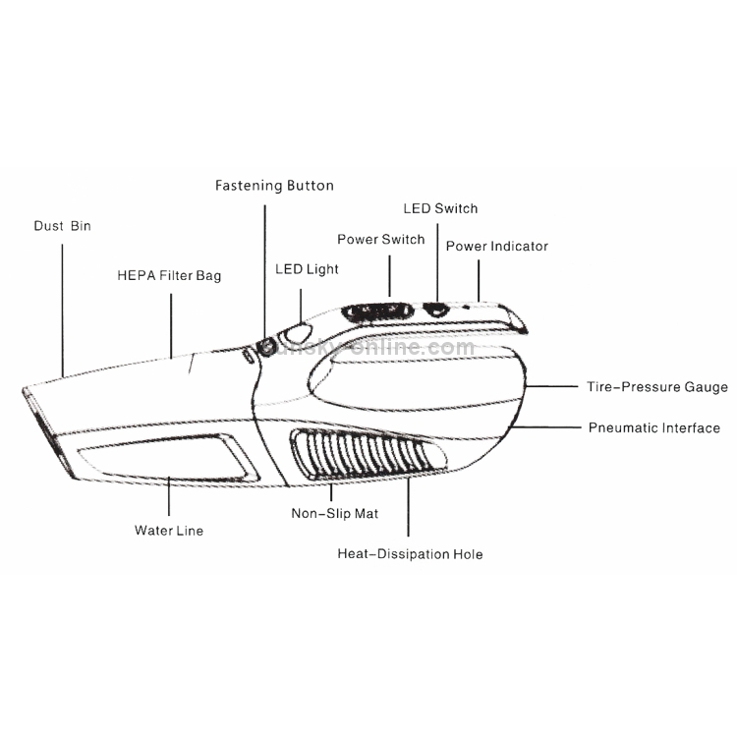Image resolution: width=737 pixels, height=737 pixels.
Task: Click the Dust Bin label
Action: [63, 226]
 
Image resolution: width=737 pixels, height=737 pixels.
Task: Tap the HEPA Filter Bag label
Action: [169, 275]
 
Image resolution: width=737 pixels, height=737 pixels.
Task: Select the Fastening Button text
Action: [274, 186]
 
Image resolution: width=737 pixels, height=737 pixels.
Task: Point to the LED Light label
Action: [307, 269]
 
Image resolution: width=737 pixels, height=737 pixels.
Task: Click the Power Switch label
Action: [381, 239]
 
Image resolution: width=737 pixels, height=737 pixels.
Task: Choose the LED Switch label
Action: [440, 208]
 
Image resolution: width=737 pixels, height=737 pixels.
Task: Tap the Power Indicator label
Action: [497, 247]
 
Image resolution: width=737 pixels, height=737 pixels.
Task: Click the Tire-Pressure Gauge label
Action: [657, 387]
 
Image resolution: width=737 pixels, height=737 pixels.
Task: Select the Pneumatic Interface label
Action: [654, 427]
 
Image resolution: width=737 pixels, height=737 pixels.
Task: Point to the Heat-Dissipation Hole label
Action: [411, 554]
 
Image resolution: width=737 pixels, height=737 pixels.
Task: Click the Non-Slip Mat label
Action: [335, 513]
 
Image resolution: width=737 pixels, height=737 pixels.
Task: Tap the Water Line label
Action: [169, 531]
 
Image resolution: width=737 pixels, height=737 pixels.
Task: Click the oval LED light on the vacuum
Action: [295, 333]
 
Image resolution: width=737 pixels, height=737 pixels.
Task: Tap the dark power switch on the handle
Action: [377, 312]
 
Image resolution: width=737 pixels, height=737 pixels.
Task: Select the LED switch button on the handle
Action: [436, 309]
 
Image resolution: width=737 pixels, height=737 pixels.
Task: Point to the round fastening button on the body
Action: [267, 348]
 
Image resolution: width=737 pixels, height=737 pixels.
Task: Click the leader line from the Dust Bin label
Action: [63, 311]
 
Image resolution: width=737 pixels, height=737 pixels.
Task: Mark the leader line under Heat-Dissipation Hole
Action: [408, 507]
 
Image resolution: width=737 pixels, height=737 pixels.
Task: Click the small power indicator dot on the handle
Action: [466, 308]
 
